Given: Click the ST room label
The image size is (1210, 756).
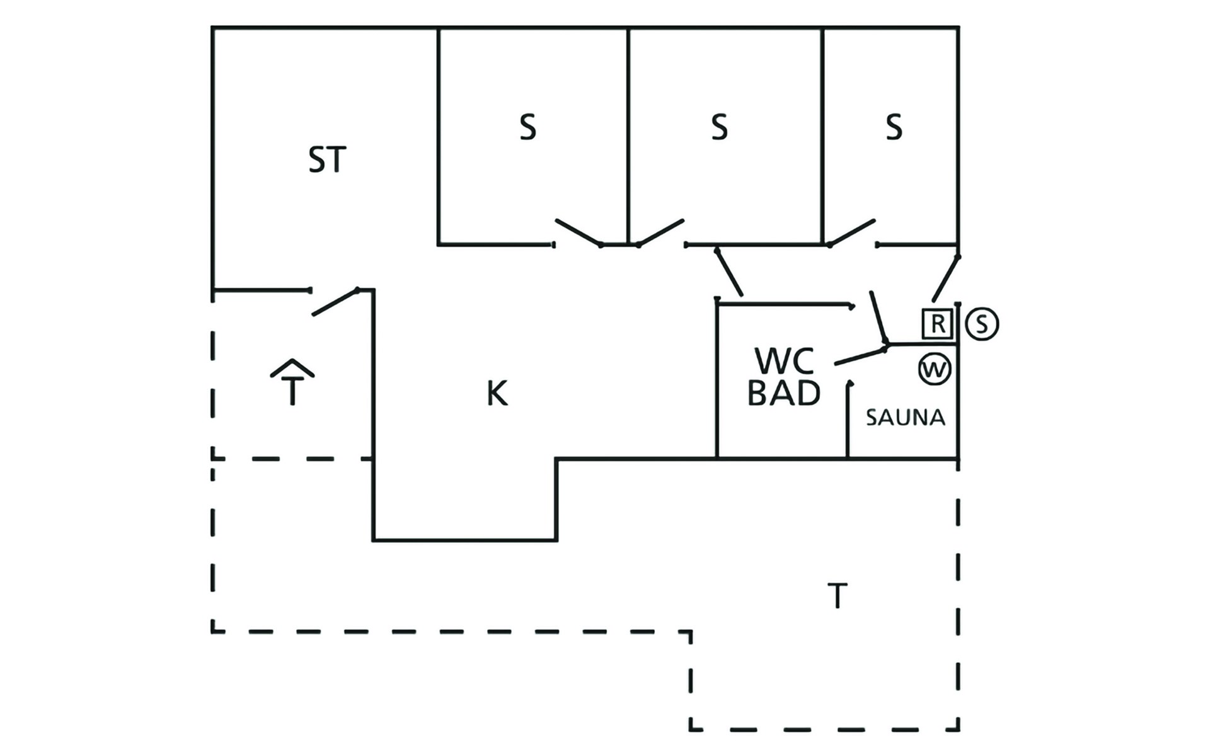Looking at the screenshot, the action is coord(327,160).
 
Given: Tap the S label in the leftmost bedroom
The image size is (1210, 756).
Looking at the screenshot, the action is coord(527,127).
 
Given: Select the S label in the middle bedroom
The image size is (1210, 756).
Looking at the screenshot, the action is coord(719,127).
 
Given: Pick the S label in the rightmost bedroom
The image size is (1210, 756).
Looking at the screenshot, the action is coord(894,127).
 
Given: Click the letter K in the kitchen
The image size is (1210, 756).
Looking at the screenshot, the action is coord(497,394).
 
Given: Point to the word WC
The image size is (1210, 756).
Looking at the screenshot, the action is coord(785,361).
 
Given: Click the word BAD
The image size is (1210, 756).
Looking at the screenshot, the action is coord(784,392).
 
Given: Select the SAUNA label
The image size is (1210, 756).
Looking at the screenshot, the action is coord(906,418).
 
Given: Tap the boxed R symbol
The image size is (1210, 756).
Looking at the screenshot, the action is coord(938,324).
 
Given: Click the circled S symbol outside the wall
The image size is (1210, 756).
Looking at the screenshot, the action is coord(982,324).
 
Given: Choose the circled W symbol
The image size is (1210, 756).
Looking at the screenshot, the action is coord(935,369).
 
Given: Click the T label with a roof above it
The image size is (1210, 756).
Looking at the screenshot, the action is coord(292,382).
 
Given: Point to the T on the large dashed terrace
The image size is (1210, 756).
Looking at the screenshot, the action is coord(838,596).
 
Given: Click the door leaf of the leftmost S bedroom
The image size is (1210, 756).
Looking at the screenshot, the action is coord(579,232).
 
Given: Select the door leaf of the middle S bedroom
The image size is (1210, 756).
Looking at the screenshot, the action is coord(660,232).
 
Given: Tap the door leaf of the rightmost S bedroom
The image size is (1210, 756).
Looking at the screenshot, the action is coord(851,232).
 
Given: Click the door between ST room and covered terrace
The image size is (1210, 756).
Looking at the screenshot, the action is coord(335,302).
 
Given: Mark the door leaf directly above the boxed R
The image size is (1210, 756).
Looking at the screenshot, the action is coord(946,278).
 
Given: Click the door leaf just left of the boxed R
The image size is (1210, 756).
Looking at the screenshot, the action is coord(879,318).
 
